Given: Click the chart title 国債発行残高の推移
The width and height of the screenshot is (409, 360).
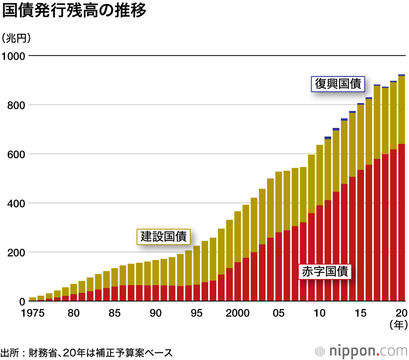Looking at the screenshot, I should [x=74, y=11].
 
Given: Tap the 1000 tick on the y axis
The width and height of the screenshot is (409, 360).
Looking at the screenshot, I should [x=13, y=56].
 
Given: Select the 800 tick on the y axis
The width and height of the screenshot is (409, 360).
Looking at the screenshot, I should [x=16, y=105].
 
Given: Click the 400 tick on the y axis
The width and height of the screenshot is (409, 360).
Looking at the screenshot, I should [x=16, y=203].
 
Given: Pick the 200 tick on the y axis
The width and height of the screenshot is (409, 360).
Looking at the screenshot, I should [x=16, y=252].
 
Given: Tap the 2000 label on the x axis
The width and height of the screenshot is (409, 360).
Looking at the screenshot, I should [x=238, y=313].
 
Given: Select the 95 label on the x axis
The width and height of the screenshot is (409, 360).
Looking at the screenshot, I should [x=197, y=313].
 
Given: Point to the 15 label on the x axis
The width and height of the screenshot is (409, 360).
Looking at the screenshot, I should [x=360, y=313].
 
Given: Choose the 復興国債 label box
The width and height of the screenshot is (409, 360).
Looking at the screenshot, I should [x=337, y=84].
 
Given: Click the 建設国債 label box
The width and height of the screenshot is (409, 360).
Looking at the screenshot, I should [x=164, y=236].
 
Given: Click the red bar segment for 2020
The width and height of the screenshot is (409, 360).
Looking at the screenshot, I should [x=401, y=223].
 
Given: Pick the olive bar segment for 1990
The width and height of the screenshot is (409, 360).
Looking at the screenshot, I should [x=156, y=272].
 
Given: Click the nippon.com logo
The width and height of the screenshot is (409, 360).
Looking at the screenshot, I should [x=360, y=351].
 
